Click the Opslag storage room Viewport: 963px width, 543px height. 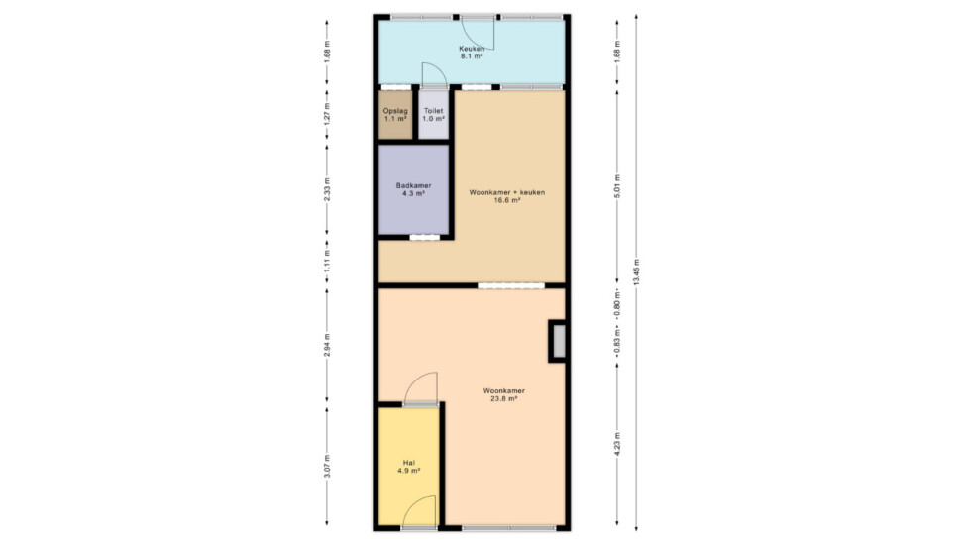(395, 115)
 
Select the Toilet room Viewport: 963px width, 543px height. (434, 115)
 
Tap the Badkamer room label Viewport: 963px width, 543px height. (413, 189)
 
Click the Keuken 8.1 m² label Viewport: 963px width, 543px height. (472, 53)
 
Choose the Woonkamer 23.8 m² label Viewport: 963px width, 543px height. (503, 394)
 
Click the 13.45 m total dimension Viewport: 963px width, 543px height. (636, 271)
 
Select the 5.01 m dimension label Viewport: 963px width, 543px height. (617, 186)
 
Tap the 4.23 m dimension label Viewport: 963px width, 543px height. (617, 444)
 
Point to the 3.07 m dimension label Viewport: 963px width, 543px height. (327, 467)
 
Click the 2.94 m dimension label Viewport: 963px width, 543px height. (327, 345)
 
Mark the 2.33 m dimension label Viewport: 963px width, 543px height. (327, 189)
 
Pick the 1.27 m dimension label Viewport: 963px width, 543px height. (327, 114)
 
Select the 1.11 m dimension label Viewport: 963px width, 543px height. (327, 261)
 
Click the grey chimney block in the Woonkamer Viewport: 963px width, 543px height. (558, 341)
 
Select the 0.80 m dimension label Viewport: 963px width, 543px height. (617, 301)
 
